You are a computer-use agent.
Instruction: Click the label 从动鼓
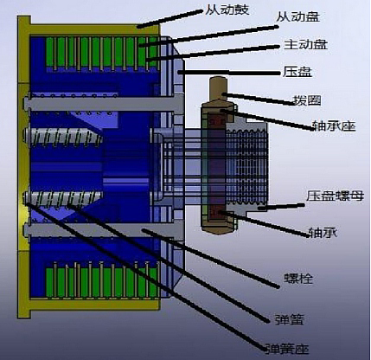click(x=226, y=10)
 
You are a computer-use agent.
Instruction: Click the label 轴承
click(x=321, y=233)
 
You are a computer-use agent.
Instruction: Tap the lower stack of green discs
click(x=95, y=282)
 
